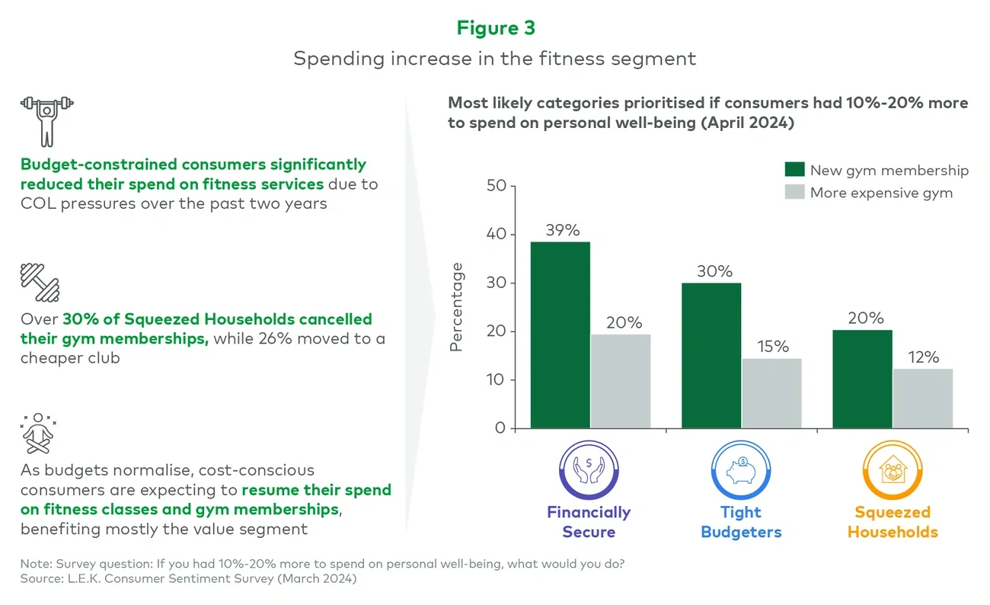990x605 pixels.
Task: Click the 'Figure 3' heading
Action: tap(495, 28)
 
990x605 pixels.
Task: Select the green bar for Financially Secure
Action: tap(560, 335)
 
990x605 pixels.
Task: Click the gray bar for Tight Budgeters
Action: tap(771, 393)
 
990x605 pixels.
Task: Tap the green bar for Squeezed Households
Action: tap(862, 379)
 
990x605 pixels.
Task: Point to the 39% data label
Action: tap(563, 230)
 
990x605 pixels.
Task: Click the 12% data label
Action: tap(924, 357)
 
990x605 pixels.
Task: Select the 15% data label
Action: tap(773, 347)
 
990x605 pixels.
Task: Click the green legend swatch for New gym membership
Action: tap(794, 169)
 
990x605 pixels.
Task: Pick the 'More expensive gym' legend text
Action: tap(881, 193)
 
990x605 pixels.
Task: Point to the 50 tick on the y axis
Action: tap(495, 186)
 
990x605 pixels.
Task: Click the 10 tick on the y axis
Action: tap(495, 379)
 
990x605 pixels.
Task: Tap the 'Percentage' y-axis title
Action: tap(457, 306)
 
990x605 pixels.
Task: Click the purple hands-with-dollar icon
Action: tap(588, 471)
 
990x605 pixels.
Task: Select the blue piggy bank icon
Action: tap(740, 471)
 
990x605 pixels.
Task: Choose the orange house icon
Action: tap(892, 471)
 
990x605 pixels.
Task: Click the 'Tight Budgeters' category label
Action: tap(741, 522)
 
